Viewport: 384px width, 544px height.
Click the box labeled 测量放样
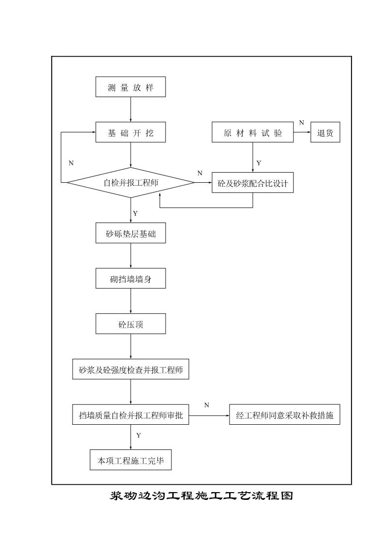131,88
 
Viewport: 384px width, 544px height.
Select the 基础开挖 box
131,133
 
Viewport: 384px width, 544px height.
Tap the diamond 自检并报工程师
131,183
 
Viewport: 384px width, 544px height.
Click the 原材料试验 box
253,133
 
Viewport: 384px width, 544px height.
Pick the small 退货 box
325,133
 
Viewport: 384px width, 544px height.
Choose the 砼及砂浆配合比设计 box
253,183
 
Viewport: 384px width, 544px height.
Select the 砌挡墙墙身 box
131,279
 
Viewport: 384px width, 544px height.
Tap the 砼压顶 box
131,324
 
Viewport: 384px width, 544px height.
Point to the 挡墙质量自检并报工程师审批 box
131,415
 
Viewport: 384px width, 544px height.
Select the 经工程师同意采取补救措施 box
284,415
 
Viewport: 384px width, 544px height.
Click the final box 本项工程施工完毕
131,460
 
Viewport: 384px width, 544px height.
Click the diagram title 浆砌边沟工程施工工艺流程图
202,496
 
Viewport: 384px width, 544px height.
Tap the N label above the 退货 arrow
302,123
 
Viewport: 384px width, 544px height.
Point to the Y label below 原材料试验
259,163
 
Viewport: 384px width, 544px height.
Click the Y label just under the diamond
136,213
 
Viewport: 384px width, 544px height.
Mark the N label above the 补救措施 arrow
207,405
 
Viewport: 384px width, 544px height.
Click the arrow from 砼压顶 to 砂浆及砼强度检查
131,346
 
